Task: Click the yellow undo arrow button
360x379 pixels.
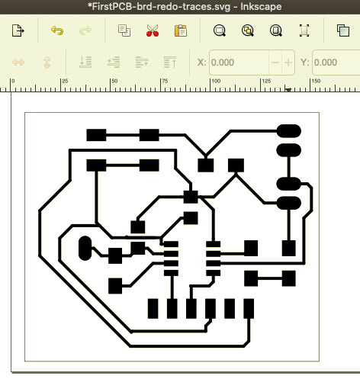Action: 57,31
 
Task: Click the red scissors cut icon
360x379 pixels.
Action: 153,31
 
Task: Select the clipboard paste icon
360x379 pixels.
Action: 181,31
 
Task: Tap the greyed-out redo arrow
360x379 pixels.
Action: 85,31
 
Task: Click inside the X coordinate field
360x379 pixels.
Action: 239,63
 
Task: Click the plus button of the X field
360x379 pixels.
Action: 288,63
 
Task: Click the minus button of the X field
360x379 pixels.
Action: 275,63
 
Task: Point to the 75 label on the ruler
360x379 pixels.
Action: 165,81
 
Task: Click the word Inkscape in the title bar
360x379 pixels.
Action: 261,6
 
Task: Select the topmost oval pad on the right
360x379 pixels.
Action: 289,131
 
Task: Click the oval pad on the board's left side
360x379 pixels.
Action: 85,248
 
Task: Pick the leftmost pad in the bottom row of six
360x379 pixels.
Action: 153,309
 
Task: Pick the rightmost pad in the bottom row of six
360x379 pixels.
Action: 249,309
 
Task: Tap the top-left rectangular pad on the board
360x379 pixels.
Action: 96,135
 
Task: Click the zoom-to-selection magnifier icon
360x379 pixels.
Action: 220,31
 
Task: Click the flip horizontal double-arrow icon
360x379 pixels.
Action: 18,63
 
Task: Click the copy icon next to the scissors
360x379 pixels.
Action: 124,31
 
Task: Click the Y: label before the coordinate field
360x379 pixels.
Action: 305,63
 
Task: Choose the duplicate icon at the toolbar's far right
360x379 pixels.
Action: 343,31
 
